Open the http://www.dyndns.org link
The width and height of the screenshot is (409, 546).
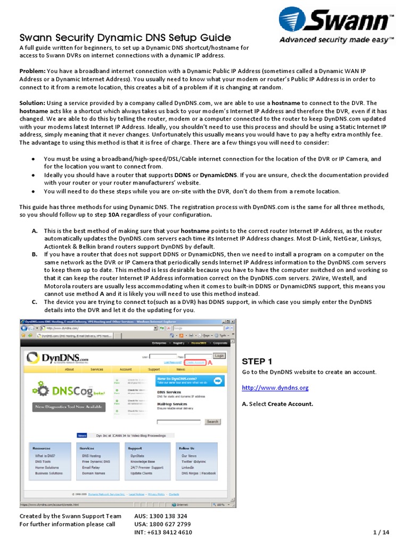coord(275,388)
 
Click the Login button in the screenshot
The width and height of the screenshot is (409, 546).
coord(219,355)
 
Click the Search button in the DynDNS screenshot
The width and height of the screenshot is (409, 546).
coord(212,421)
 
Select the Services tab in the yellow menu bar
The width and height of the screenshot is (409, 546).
coord(96,369)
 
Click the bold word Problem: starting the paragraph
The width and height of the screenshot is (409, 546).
coord(32,71)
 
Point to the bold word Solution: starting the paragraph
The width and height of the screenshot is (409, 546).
coord(32,103)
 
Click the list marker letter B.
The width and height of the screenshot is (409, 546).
coord(34,255)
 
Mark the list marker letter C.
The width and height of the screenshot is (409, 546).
coord(34,302)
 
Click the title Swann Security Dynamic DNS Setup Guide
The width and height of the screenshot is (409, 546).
coord(125,37)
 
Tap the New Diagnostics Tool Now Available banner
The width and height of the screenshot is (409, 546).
coord(69,407)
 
